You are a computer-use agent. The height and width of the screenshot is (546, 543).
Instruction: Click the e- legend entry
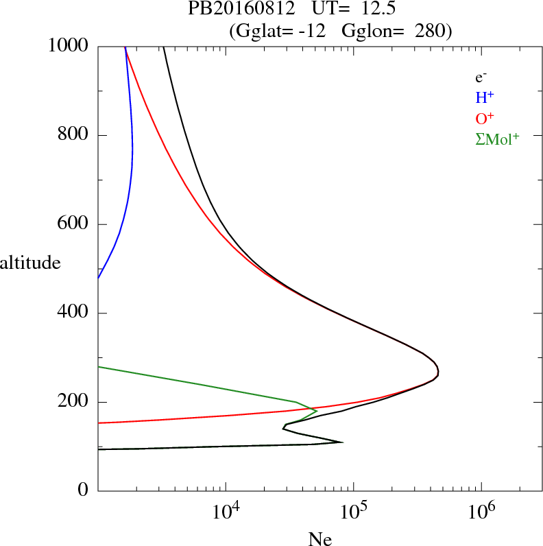tap(481, 78)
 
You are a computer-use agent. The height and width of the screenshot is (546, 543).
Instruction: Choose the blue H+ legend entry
tap(484, 97)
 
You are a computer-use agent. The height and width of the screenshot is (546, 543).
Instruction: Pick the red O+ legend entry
tap(484, 118)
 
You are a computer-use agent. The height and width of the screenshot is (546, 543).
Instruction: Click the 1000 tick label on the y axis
tap(69, 46)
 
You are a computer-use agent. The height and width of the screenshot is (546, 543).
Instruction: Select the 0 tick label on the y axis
tap(84, 491)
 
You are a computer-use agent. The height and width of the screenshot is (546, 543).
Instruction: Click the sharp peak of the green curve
tap(317, 411)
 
